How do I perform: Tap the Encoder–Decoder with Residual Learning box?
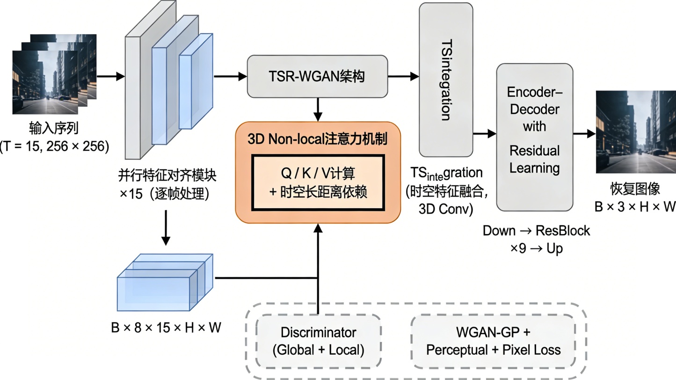tap(534, 137)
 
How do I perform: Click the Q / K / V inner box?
tap(318, 183)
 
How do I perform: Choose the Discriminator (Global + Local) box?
tap(318, 341)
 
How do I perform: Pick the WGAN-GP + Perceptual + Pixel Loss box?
tap(493, 341)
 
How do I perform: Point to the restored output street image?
tap(635, 132)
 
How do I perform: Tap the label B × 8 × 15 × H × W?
tap(166, 328)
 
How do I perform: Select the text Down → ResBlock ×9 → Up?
tap(536, 239)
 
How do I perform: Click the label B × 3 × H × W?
tap(635, 206)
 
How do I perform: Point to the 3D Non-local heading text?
tap(318, 139)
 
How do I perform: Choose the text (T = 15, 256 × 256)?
tap(55, 146)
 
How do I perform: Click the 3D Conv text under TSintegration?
tap(445, 209)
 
